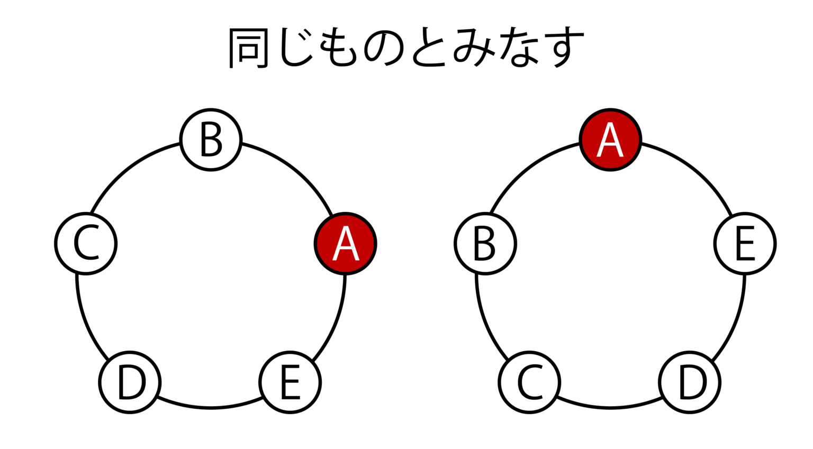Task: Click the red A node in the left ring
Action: tap(345, 244)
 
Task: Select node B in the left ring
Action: tap(211, 140)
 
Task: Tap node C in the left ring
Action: tap(86, 244)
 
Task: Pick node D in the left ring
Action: tap(130, 382)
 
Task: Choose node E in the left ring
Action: tap(290, 382)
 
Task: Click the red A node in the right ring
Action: tap(610, 140)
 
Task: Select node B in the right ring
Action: tap(485, 244)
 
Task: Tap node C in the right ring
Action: tap(529, 382)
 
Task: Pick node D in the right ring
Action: tap(690, 382)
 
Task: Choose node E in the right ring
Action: tap(745, 244)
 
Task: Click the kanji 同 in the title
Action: tap(248, 48)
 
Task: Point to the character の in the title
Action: tap(384, 48)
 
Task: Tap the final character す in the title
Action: tap(564, 48)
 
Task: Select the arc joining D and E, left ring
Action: tap(211, 407)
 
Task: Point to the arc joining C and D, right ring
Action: tap(610, 407)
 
